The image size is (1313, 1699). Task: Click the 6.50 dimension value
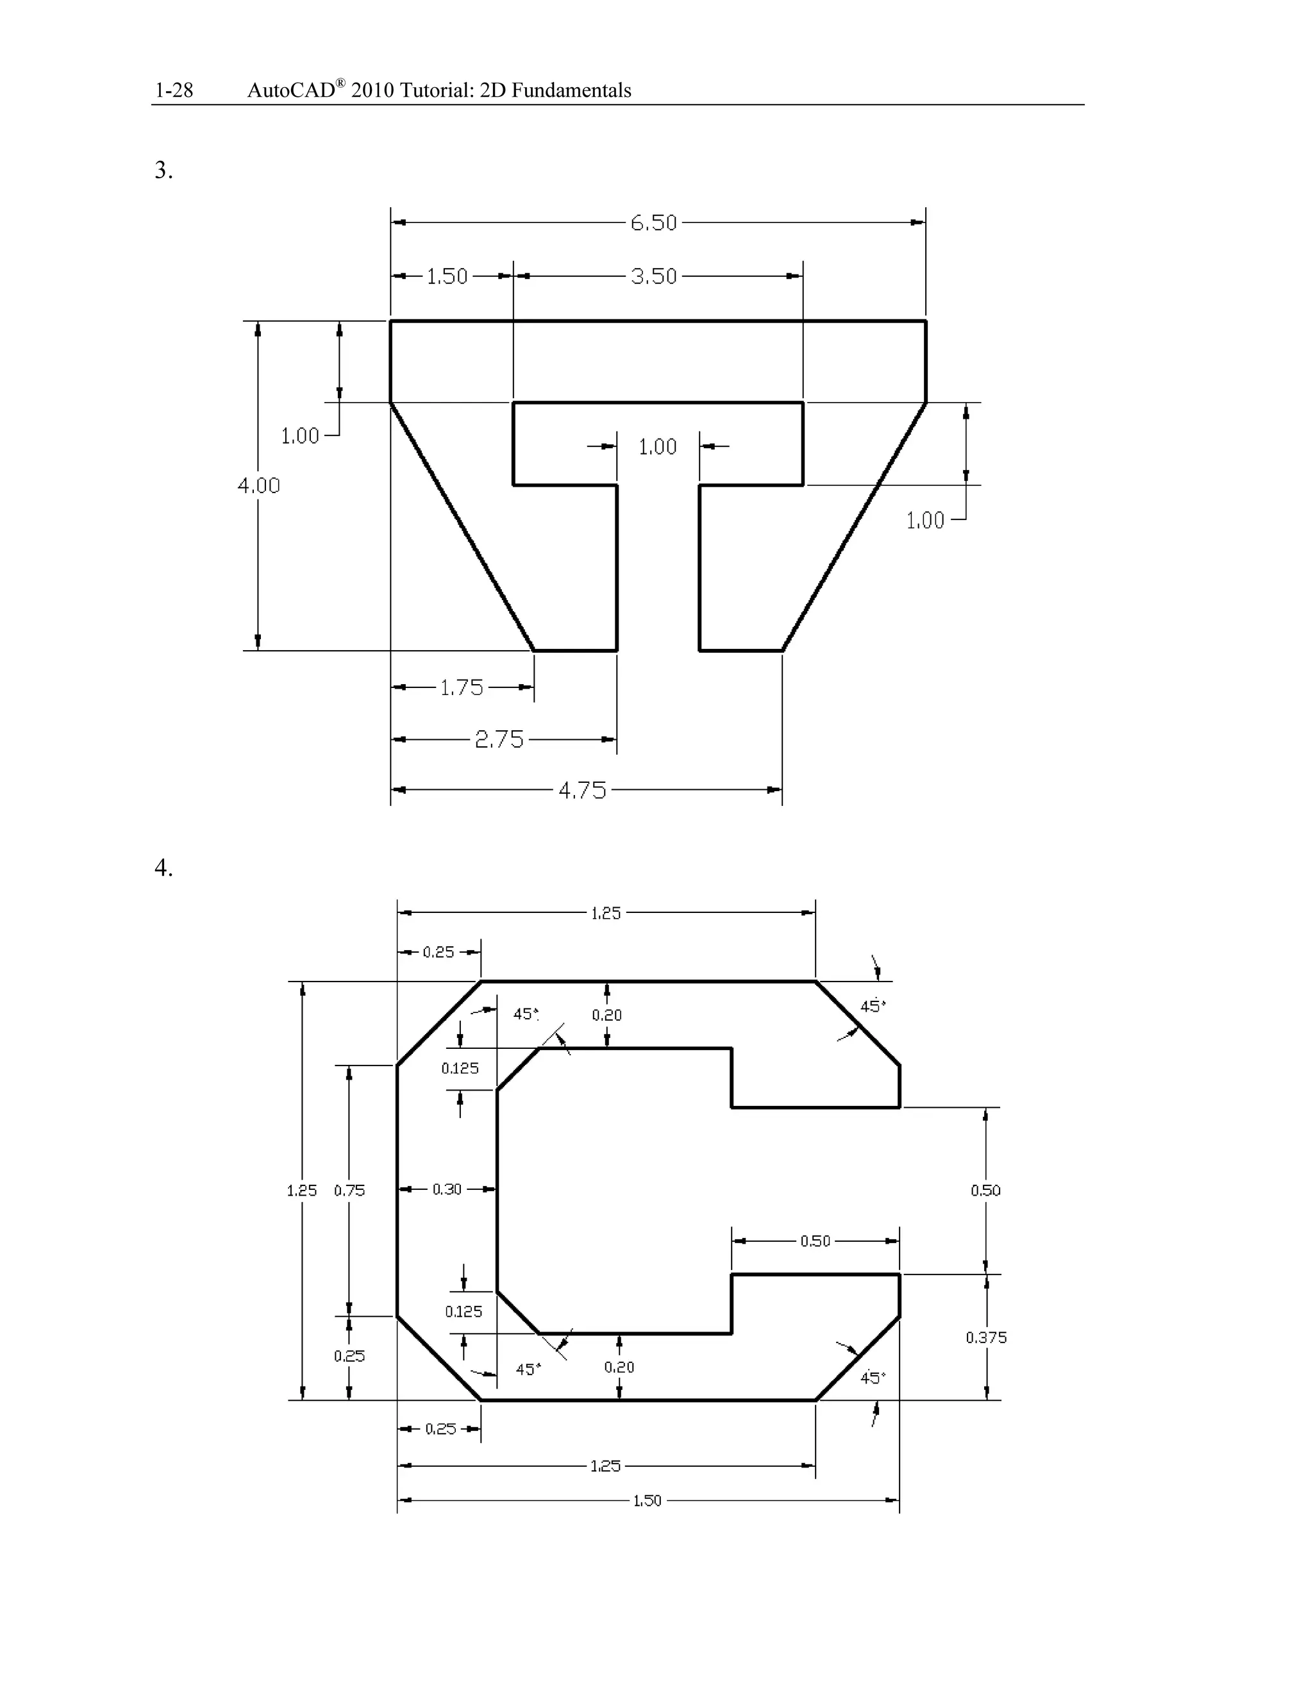click(653, 223)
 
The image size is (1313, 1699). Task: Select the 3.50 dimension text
click(653, 276)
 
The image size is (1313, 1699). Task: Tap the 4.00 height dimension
click(258, 485)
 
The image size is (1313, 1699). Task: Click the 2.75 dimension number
click(499, 739)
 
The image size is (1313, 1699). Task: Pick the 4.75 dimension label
click(582, 791)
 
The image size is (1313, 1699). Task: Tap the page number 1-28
click(174, 91)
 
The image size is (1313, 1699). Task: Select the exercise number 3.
click(163, 171)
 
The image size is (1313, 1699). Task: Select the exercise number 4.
click(163, 867)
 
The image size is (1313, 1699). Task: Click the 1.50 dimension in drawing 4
click(647, 1501)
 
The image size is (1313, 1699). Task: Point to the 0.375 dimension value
click(985, 1338)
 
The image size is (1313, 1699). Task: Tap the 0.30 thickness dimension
click(447, 1189)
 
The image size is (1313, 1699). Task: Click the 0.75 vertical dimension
click(349, 1190)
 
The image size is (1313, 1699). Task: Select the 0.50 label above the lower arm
click(815, 1242)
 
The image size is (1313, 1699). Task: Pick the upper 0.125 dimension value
click(460, 1068)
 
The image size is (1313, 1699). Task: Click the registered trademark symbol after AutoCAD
click(340, 83)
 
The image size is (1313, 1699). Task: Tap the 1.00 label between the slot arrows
click(657, 448)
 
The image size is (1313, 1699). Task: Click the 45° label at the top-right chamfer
click(873, 1007)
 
